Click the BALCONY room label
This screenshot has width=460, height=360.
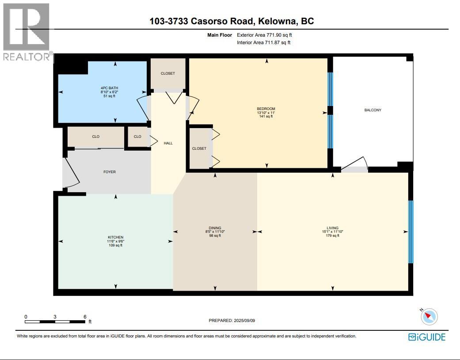pyautogui.click(x=373, y=110)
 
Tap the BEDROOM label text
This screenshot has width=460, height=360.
pyautogui.click(x=266, y=109)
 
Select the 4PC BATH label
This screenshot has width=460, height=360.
pyautogui.click(x=109, y=87)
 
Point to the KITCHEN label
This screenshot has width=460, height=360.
pyautogui.click(x=115, y=237)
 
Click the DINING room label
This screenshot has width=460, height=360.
pyautogui.click(x=215, y=228)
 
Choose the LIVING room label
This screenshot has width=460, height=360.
pyautogui.click(x=332, y=228)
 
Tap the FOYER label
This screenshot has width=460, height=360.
pyautogui.click(x=109, y=172)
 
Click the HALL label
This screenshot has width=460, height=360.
pyautogui.click(x=168, y=143)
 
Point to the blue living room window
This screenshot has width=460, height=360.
pyautogui.click(x=411, y=232)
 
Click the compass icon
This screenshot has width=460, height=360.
pyautogui.click(x=429, y=316)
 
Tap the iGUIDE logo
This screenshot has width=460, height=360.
pyautogui.click(x=426, y=337)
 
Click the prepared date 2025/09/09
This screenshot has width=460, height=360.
pyautogui.click(x=244, y=321)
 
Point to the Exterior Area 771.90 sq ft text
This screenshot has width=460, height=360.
pyautogui.click(x=264, y=34)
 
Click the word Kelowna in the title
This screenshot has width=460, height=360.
pyautogui.click(x=277, y=21)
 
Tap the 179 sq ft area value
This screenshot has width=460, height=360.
pyautogui.click(x=332, y=236)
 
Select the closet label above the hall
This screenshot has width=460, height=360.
pyautogui.click(x=168, y=73)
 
